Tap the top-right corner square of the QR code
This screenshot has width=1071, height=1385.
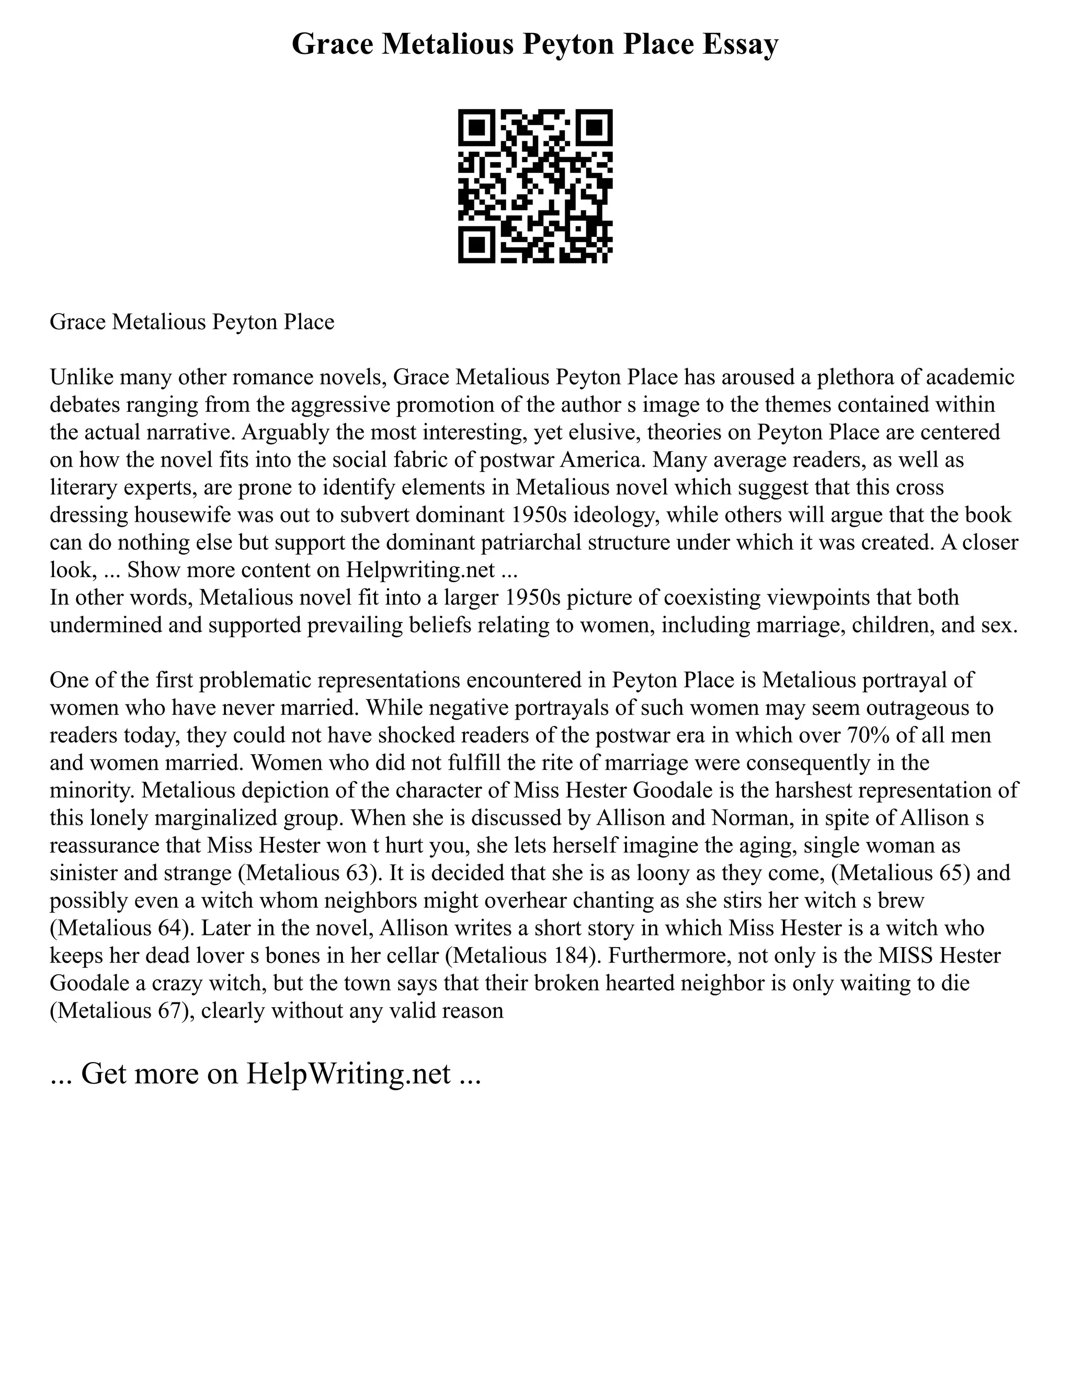(x=594, y=128)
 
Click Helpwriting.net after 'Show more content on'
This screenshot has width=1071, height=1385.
(x=420, y=570)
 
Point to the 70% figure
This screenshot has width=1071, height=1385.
(x=866, y=736)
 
